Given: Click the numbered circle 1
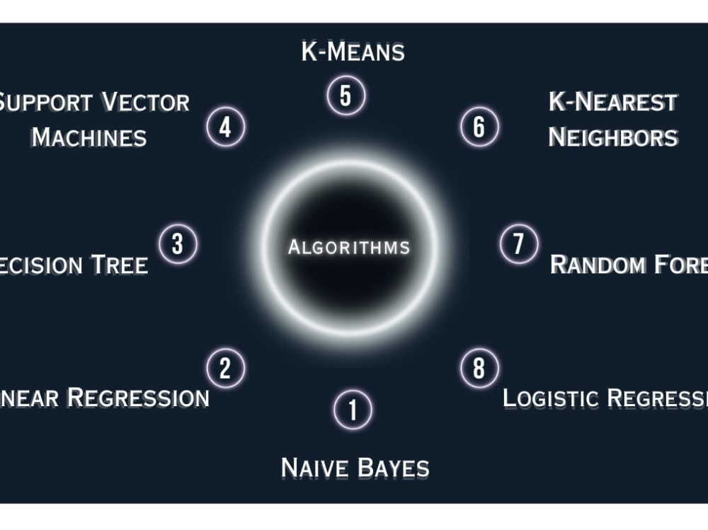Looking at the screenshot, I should (353, 410).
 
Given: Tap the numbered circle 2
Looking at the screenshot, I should (225, 369).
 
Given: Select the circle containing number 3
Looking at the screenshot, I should (178, 244).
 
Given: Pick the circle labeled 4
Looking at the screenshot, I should (225, 128).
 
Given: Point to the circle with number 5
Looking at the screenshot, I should (346, 96).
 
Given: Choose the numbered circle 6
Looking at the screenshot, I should (479, 127).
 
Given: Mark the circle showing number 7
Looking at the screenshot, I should (518, 244).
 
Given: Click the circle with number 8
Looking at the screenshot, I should (479, 369).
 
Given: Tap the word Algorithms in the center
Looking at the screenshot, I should (349, 248).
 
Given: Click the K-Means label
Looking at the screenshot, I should (353, 52).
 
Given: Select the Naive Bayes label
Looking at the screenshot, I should (355, 468).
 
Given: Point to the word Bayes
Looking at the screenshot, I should (393, 468).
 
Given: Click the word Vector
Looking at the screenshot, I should (146, 103).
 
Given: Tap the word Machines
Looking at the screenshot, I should (89, 137).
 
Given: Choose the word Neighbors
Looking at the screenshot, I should (613, 137).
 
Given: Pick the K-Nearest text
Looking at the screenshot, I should (613, 103).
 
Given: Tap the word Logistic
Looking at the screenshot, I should (550, 398).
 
